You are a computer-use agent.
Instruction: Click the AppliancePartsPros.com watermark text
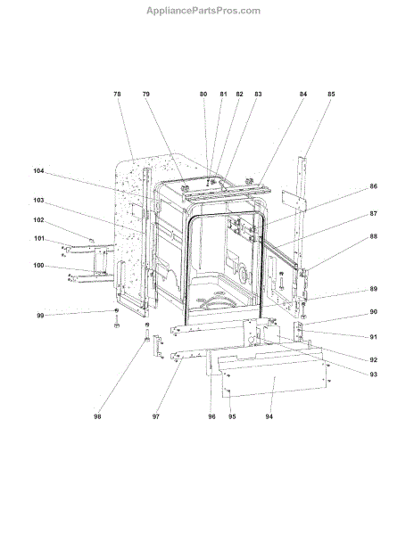click(203, 11)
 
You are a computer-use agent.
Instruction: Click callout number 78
click(117, 94)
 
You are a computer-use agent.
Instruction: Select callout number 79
click(146, 94)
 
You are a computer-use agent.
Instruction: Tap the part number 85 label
click(331, 94)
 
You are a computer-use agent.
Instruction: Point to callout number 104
click(38, 171)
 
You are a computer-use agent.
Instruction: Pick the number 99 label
click(40, 316)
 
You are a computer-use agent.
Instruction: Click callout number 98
click(97, 416)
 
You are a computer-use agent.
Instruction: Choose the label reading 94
click(269, 416)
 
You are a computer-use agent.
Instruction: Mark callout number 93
click(374, 374)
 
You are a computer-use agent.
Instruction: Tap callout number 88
click(374, 236)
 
